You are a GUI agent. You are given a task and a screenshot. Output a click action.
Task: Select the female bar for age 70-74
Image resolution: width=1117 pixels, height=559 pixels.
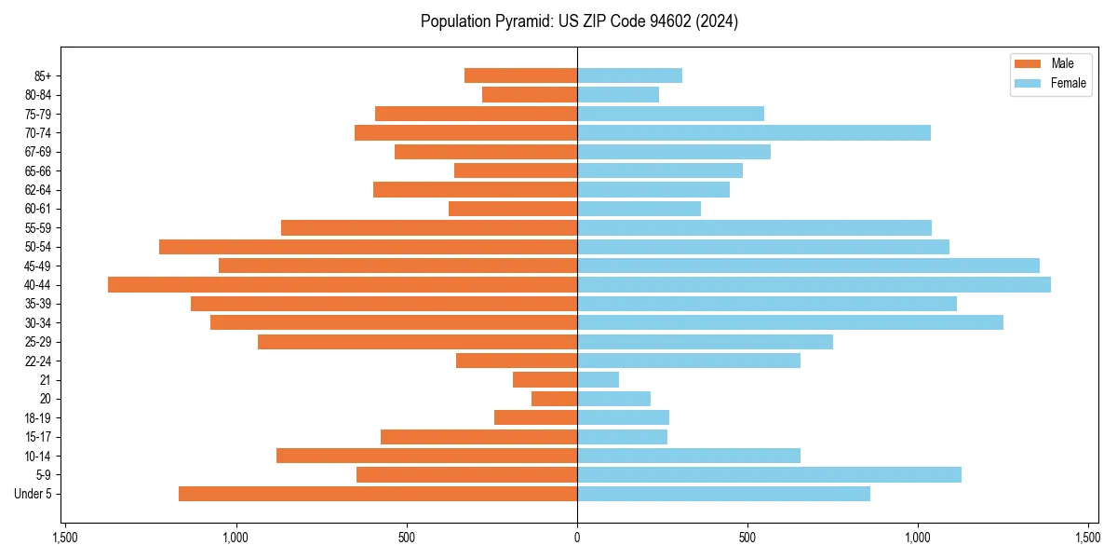pos(754,132)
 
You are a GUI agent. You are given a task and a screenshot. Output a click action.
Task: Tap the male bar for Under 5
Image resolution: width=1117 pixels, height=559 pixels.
pos(378,494)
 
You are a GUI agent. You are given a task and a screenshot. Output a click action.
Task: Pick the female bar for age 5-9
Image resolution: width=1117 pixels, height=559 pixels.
pos(769,474)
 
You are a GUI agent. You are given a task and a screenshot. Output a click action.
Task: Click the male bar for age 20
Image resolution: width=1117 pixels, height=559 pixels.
pos(554,399)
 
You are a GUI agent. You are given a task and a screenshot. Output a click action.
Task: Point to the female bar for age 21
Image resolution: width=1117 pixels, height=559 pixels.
pos(598,379)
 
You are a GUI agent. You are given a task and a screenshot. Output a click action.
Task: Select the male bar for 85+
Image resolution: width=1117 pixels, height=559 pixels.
pos(520,75)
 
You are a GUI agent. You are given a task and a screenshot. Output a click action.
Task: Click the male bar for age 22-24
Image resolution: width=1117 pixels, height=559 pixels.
pos(517,361)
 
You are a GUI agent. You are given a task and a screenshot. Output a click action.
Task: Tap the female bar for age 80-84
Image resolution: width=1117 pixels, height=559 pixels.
pos(618,94)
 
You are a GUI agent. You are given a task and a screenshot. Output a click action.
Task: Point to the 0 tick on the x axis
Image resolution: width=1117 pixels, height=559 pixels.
pos(577,538)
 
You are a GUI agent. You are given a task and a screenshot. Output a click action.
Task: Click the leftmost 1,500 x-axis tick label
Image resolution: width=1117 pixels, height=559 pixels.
pos(64,538)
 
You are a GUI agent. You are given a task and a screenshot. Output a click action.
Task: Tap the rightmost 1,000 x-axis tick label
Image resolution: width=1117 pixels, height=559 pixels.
pos(918,538)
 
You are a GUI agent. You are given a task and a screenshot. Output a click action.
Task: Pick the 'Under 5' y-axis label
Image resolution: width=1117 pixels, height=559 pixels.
pos(34,494)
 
